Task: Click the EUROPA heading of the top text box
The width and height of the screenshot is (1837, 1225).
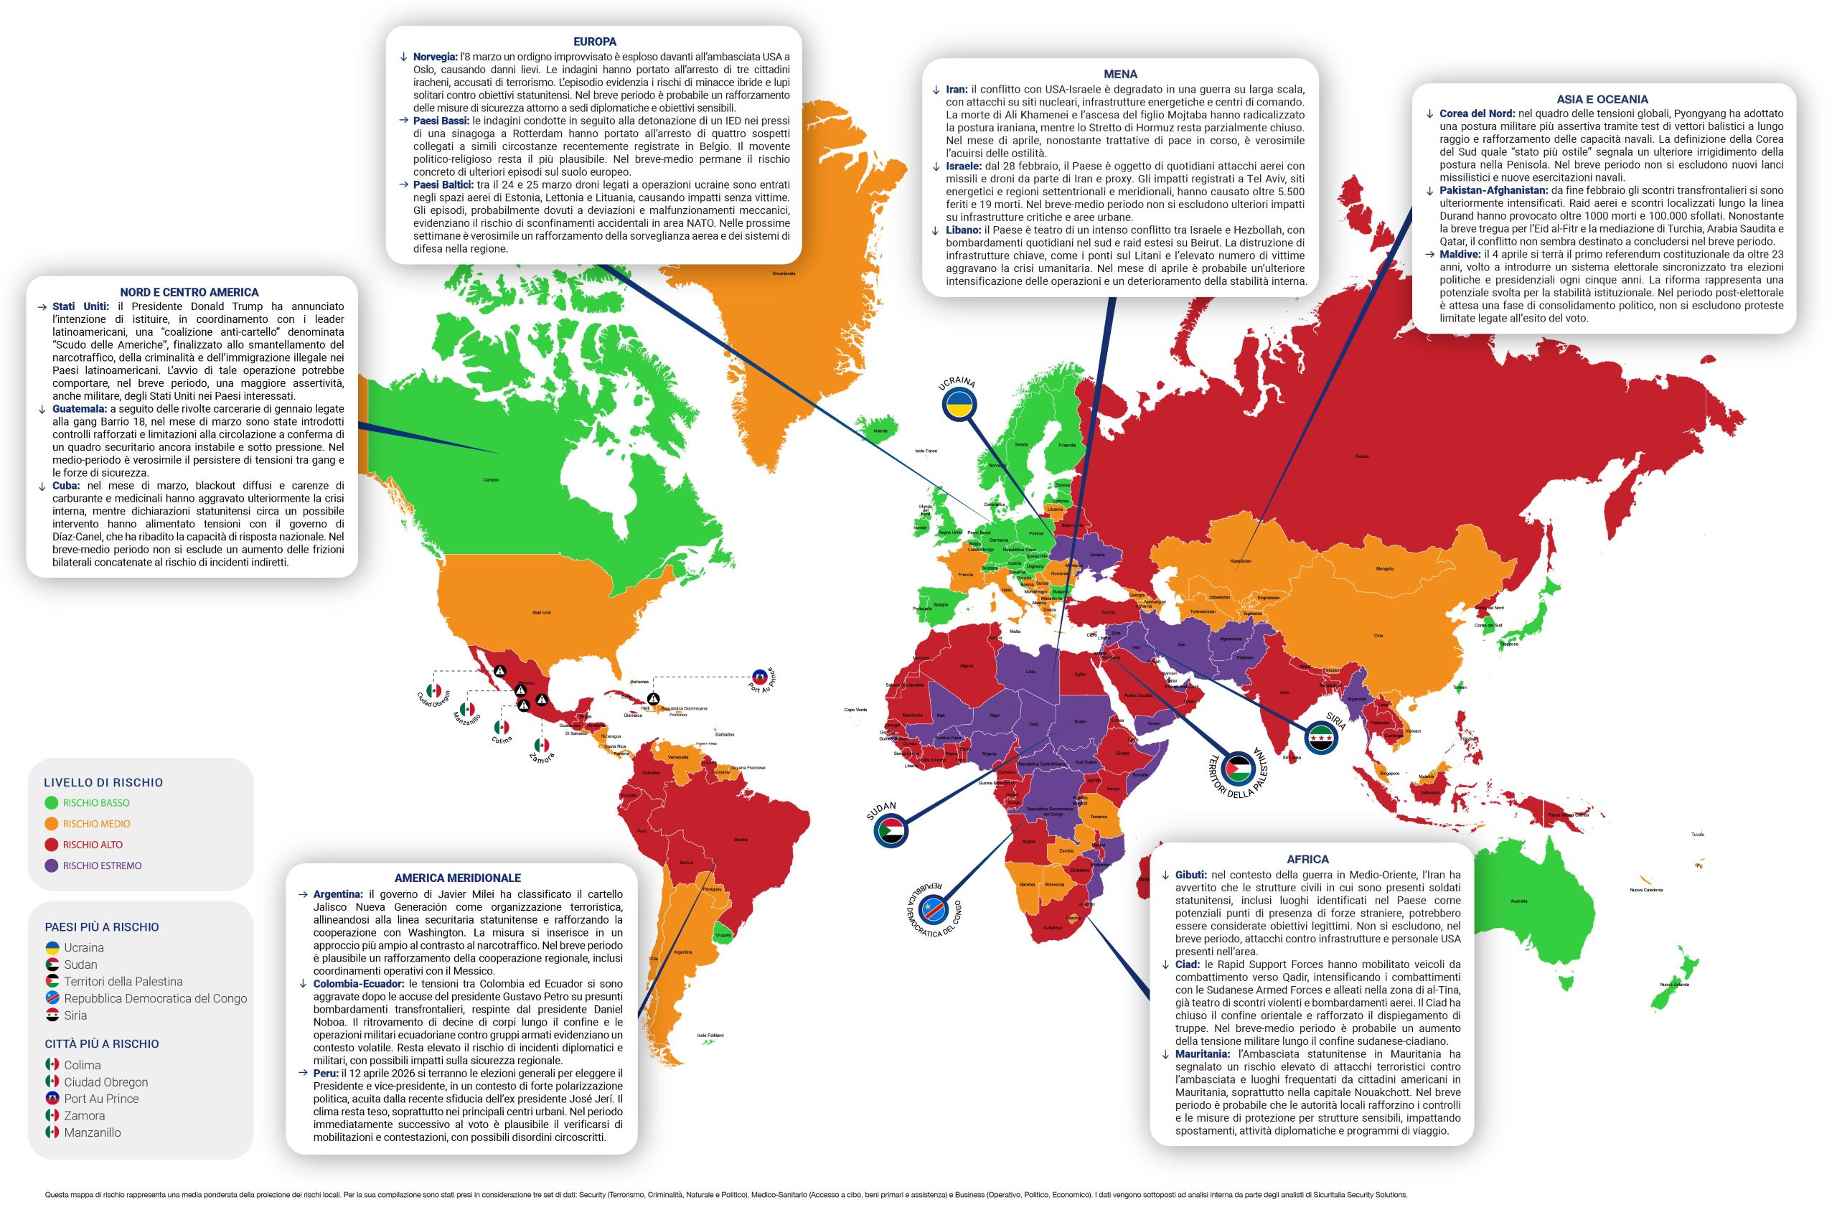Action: [594, 42]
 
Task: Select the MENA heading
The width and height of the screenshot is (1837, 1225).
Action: [1120, 74]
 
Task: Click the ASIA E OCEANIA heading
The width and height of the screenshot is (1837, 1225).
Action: [1602, 99]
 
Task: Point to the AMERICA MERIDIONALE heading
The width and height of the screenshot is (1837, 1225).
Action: [458, 878]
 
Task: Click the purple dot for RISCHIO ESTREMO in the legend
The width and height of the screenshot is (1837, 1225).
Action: [52, 865]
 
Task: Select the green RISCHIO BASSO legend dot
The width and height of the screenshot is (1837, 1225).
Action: [52, 802]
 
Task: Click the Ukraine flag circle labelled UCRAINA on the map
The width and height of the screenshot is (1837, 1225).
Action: [959, 405]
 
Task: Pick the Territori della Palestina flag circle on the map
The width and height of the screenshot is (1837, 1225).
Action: [1237, 769]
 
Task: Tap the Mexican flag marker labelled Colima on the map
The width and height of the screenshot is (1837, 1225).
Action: [502, 728]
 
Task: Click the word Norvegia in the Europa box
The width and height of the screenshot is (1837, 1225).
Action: [435, 57]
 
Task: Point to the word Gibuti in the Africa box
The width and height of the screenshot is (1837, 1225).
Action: [1190, 875]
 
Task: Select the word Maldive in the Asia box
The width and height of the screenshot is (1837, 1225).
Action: [1460, 255]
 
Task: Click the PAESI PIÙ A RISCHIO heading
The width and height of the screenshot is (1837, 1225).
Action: [101, 927]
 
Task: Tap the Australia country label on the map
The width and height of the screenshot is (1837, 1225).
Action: [1518, 901]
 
